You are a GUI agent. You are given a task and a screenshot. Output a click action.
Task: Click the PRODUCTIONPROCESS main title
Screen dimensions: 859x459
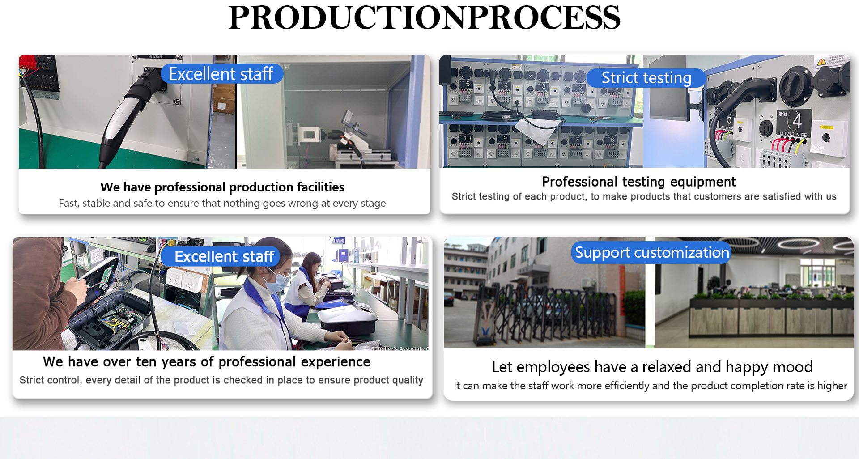(424, 18)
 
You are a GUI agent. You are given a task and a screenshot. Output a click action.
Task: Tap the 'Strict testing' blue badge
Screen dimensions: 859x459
(646, 78)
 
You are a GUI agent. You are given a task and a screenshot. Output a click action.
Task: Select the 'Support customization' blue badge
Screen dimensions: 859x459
(651, 252)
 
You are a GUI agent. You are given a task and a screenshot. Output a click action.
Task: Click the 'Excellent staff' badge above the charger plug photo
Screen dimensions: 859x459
(221, 74)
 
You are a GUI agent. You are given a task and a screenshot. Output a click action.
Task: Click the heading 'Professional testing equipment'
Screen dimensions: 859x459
(639, 182)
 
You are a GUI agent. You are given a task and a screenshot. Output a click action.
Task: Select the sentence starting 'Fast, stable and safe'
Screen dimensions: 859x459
(222, 203)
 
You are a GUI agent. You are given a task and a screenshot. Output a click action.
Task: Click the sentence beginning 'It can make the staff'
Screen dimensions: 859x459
(651, 386)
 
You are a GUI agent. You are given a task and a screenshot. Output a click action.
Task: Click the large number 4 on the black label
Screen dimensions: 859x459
(796, 120)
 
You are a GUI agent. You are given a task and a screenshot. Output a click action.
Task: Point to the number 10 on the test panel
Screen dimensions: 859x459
(467, 138)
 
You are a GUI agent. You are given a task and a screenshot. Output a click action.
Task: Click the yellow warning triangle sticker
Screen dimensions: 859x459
(821, 63)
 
